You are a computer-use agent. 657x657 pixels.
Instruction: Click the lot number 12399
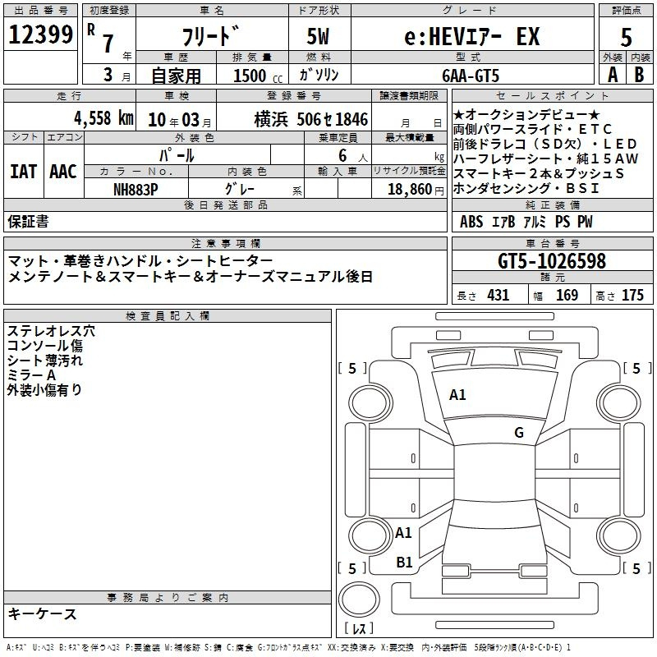[x=40, y=35]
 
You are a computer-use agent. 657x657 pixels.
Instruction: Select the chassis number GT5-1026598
[x=552, y=262]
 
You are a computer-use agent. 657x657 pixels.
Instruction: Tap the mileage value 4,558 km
[x=103, y=118]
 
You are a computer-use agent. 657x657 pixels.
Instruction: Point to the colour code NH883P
[x=136, y=188]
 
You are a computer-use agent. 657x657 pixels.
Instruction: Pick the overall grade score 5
[x=626, y=38]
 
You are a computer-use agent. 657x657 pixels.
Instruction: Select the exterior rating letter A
[x=613, y=75]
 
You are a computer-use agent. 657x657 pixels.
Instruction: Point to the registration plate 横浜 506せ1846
[x=310, y=118]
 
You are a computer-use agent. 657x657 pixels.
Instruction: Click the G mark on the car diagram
[x=518, y=433]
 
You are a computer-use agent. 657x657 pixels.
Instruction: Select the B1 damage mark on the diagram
[x=404, y=562]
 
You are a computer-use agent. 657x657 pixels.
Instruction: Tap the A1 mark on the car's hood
[x=457, y=395]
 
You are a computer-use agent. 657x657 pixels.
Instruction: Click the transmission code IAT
[x=24, y=172]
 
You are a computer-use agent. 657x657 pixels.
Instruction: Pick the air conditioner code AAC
[x=63, y=172]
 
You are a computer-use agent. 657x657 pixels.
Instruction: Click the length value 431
[x=498, y=296]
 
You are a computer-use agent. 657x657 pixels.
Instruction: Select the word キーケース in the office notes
[x=43, y=613]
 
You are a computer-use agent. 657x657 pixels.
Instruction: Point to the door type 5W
[x=319, y=37]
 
